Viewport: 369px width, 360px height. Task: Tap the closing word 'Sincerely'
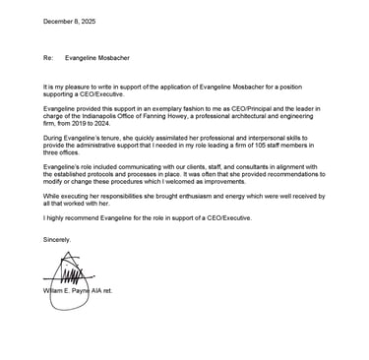(58, 240)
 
